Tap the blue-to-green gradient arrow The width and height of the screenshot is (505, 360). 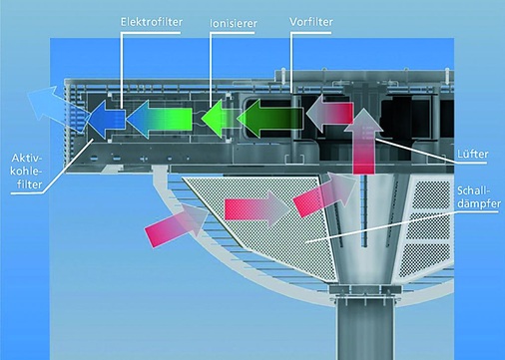158,118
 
